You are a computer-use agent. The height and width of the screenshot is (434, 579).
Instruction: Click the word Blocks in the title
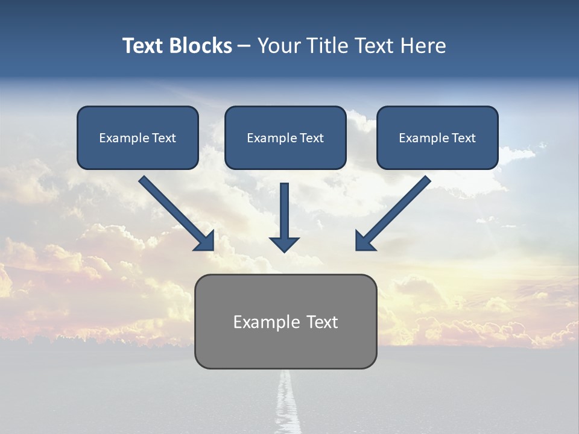(201, 46)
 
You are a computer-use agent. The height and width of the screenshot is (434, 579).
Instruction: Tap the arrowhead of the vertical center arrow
(284, 244)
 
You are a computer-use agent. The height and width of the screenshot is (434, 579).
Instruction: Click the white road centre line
(288, 404)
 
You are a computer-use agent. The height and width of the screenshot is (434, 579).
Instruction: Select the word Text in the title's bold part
(143, 46)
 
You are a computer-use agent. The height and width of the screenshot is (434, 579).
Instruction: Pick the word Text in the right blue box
(464, 138)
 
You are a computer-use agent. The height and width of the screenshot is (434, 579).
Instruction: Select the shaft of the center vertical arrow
(284, 208)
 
